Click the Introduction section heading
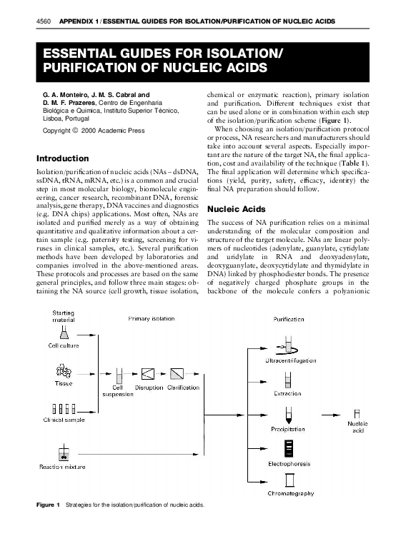pyautogui.click(x=62, y=158)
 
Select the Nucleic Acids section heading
pyautogui.click(x=237, y=209)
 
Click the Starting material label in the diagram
pyautogui.click(x=63, y=316)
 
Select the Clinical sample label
pyautogui.click(x=64, y=420)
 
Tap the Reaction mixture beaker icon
pyautogui.click(x=64, y=452)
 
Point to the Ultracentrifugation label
pyautogui.click(x=290, y=363)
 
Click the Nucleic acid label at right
pyautogui.click(x=357, y=427)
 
